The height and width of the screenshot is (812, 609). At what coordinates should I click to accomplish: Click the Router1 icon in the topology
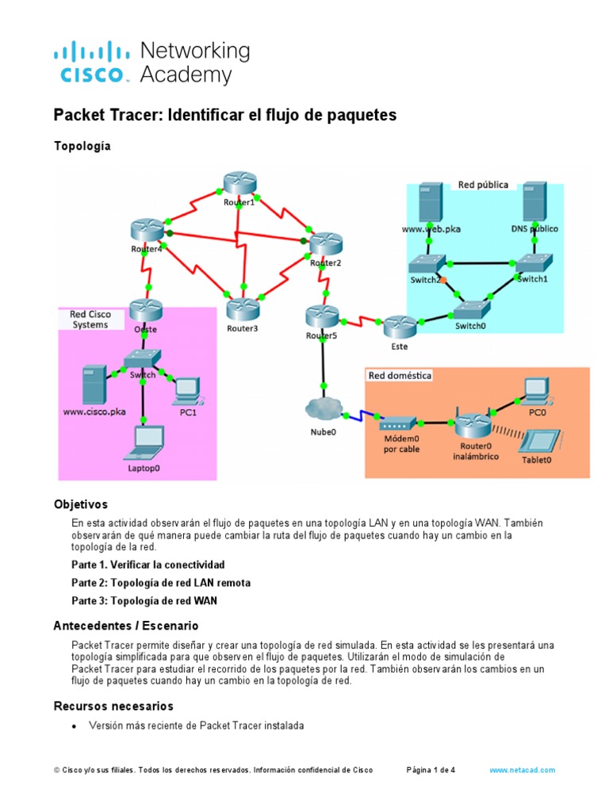pyautogui.click(x=238, y=184)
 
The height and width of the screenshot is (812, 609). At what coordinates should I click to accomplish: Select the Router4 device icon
pyautogui.click(x=147, y=230)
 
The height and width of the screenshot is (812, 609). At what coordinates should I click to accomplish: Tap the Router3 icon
pyautogui.click(x=243, y=309)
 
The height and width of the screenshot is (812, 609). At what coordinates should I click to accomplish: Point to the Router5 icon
pyautogui.click(x=322, y=317)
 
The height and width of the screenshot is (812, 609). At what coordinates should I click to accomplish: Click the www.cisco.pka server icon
pyautogui.click(x=94, y=385)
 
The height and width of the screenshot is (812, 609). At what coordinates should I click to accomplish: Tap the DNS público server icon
pyautogui.click(x=532, y=201)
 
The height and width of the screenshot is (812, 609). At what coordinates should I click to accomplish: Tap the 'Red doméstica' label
pyautogui.click(x=400, y=375)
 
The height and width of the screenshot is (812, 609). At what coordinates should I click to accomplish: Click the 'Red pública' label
pyautogui.click(x=483, y=185)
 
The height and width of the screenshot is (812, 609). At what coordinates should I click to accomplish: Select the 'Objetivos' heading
pyautogui.click(x=80, y=504)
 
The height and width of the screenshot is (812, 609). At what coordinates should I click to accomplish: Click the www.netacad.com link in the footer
pyautogui.click(x=522, y=770)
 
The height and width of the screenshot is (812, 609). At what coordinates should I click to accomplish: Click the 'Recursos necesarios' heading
pyautogui.click(x=113, y=706)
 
